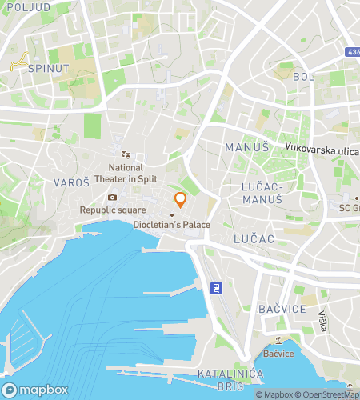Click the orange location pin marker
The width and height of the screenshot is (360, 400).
[180, 200]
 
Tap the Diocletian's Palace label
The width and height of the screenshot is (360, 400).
[172, 225]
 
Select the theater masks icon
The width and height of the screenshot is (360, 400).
[125, 154]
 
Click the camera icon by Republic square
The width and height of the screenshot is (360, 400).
[112, 198]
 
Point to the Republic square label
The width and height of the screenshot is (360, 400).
[112, 210]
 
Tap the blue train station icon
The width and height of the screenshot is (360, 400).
[214, 288]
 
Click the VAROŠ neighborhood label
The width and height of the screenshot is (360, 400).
[70, 182]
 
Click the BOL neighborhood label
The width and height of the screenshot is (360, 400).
[304, 77]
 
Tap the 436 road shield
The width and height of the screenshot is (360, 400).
[352, 51]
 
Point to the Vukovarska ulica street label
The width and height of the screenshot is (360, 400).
[322, 147]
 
